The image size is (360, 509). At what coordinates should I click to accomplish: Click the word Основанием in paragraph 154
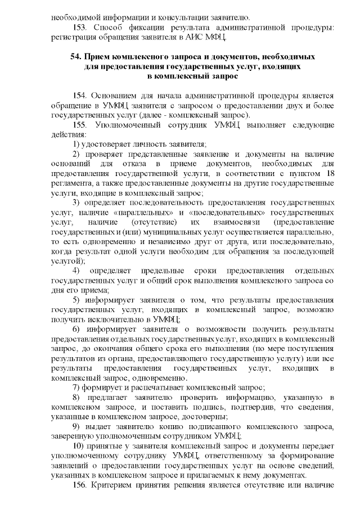coord(116,95)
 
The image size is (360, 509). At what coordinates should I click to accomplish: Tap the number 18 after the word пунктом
coord(331,173)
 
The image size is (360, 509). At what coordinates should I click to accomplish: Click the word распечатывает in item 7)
coord(163,388)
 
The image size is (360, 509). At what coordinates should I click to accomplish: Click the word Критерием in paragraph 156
coord(121,485)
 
